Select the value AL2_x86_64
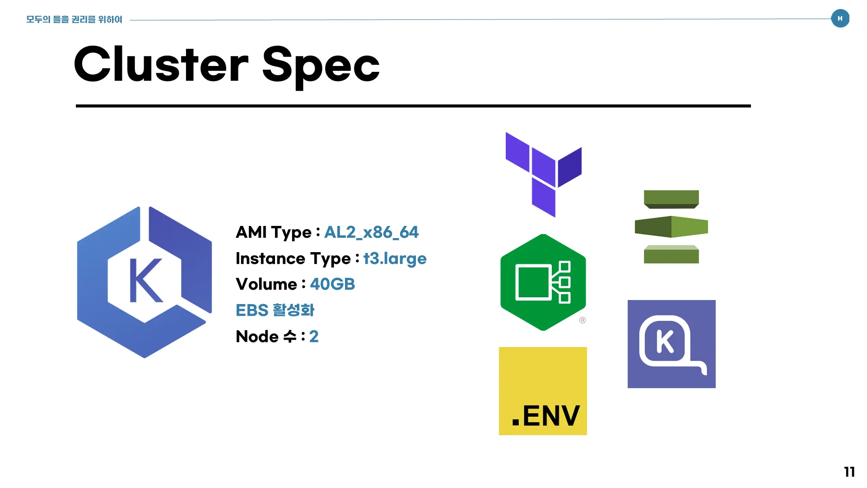pyautogui.click(x=371, y=232)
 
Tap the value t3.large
pyautogui.click(x=395, y=258)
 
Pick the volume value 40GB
pyautogui.click(x=332, y=284)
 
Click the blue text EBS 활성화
pyautogui.click(x=275, y=310)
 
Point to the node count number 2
pyautogui.click(x=314, y=337)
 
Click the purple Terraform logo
pyautogui.click(x=543, y=174)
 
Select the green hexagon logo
pyautogui.click(x=543, y=282)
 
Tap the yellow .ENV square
pyautogui.click(x=543, y=391)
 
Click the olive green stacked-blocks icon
pyautogui.click(x=671, y=226)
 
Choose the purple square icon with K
pyautogui.click(x=671, y=344)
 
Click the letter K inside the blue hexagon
pyautogui.click(x=145, y=281)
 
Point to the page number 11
pyautogui.click(x=849, y=472)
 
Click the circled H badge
pyautogui.click(x=840, y=19)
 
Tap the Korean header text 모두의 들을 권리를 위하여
pyautogui.click(x=74, y=19)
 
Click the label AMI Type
pyautogui.click(x=274, y=232)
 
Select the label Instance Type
pyautogui.click(x=293, y=258)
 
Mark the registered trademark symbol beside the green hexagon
pyautogui.click(x=583, y=320)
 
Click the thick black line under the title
pyautogui.click(x=413, y=106)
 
